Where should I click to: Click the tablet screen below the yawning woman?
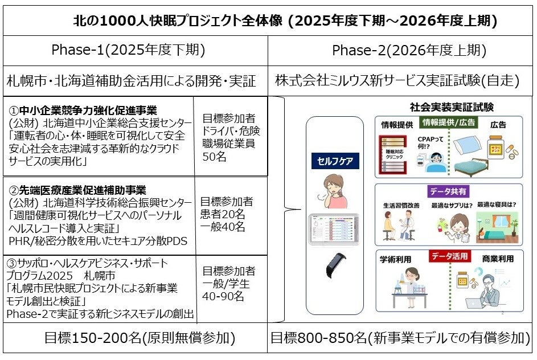334,229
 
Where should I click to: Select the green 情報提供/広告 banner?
449,122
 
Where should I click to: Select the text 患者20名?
223,214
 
